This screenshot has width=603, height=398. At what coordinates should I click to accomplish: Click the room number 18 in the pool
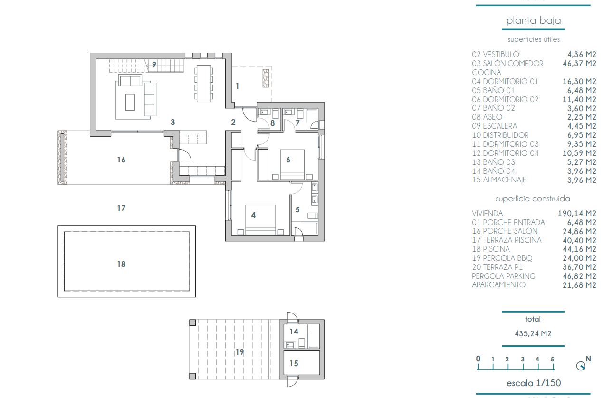point(121,264)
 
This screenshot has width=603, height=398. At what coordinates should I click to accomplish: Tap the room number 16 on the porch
point(121,160)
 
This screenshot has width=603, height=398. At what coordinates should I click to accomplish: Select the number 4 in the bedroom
point(253,215)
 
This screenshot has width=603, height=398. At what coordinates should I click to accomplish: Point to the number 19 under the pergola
point(239,352)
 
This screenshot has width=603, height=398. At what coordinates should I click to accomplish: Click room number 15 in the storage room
point(294,363)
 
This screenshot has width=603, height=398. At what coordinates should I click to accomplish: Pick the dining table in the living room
point(203,83)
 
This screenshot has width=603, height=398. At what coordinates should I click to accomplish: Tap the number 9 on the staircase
point(154,65)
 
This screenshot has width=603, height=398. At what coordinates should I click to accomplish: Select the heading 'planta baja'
point(533,20)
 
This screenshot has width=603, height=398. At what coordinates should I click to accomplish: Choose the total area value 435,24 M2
point(533,333)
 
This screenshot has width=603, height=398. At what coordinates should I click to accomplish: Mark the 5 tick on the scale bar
point(553,360)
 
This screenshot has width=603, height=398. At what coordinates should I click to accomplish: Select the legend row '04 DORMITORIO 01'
point(505,81)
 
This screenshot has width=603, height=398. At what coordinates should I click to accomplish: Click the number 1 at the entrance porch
point(237,86)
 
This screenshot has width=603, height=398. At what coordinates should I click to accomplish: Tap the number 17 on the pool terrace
point(121,208)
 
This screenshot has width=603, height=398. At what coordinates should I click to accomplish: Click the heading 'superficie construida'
point(533,199)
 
